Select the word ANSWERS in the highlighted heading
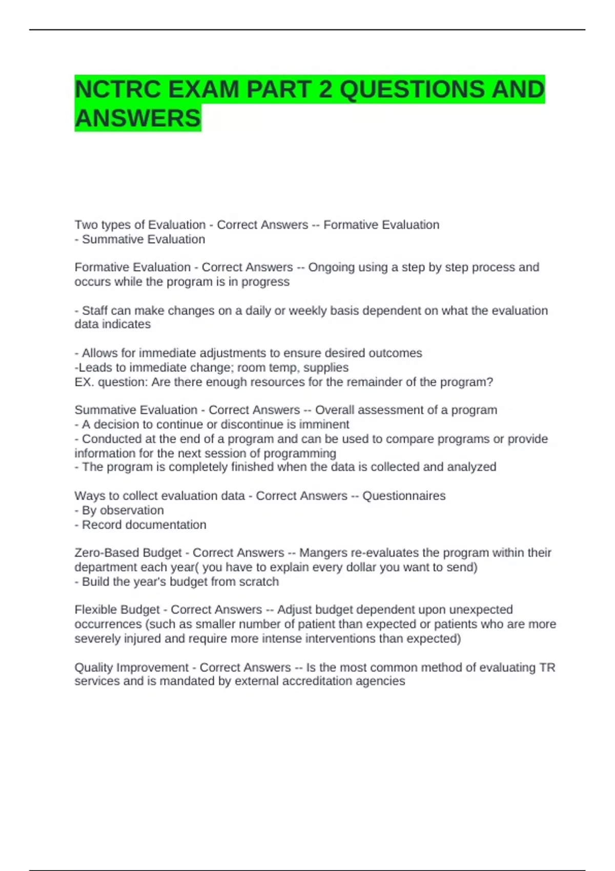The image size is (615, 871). click(x=138, y=118)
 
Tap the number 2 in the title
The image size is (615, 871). click(x=325, y=90)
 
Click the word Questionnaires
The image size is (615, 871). click(x=404, y=496)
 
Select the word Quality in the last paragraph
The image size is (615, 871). click(x=94, y=668)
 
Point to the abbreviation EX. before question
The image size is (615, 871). click(x=85, y=382)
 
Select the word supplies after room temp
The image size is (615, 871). click(x=326, y=368)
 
